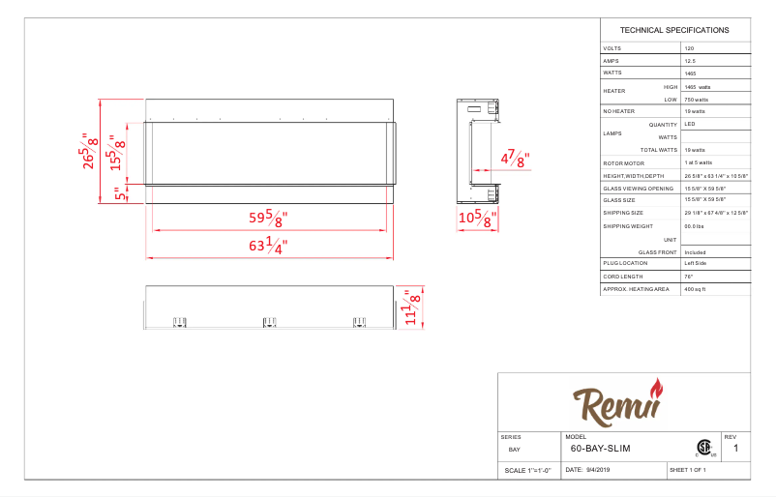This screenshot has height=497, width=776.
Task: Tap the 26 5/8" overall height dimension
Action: pos(91,151)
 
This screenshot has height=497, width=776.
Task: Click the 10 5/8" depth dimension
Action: pos(478,219)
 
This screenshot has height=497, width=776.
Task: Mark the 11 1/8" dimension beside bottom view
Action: pos(412,309)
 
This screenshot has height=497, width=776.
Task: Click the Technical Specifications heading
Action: pos(674,30)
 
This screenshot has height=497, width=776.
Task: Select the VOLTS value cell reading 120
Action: pos(689,47)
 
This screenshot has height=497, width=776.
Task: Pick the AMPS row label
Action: pos(611,60)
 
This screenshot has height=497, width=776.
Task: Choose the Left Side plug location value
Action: pos(696,263)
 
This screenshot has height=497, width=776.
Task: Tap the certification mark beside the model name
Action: pos(703,448)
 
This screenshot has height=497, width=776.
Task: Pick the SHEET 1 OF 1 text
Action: pos(688,470)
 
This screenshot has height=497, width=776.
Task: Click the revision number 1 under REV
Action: pos(735,449)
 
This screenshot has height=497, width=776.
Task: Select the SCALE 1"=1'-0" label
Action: pos(527,471)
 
